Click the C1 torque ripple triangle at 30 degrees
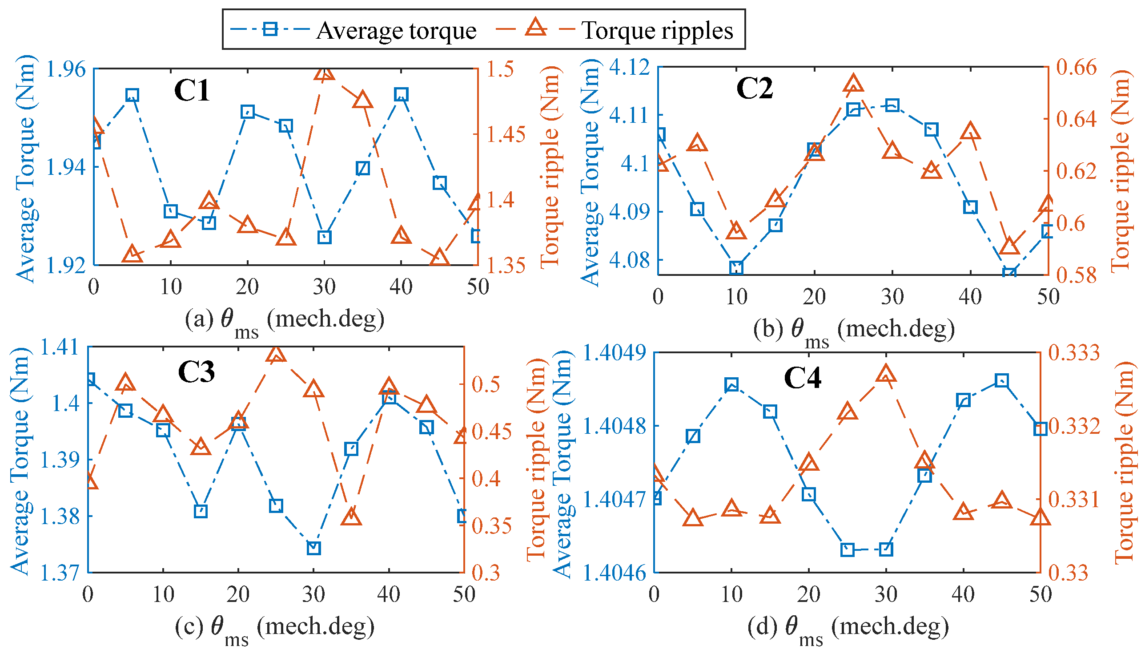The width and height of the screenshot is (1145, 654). pyautogui.click(x=325, y=73)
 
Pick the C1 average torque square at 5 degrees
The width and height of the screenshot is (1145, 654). pyautogui.click(x=132, y=95)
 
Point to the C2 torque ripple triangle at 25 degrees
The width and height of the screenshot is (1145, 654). pyautogui.click(x=853, y=85)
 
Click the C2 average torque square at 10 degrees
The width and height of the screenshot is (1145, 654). pyautogui.click(x=736, y=268)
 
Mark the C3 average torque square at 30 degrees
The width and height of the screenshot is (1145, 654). pyautogui.click(x=314, y=548)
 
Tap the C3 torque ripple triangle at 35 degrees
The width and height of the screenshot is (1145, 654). pyautogui.click(x=351, y=517)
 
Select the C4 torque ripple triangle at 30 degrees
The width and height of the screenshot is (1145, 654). pyautogui.click(x=886, y=375)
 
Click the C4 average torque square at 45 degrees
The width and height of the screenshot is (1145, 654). pyautogui.click(x=1001, y=381)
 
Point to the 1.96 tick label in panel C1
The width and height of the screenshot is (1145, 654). pyautogui.click(x=65, y=69)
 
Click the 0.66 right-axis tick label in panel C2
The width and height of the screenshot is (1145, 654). pyautogui.click(x=1077, y=67)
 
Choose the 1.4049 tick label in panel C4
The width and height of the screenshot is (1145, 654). pyautogui.click(x=615, y=353)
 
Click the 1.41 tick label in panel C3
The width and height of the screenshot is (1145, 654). pyautogui.click(x=59, y=347)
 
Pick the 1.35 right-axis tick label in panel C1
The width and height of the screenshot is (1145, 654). pyautogui.click(x=506, y=266)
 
